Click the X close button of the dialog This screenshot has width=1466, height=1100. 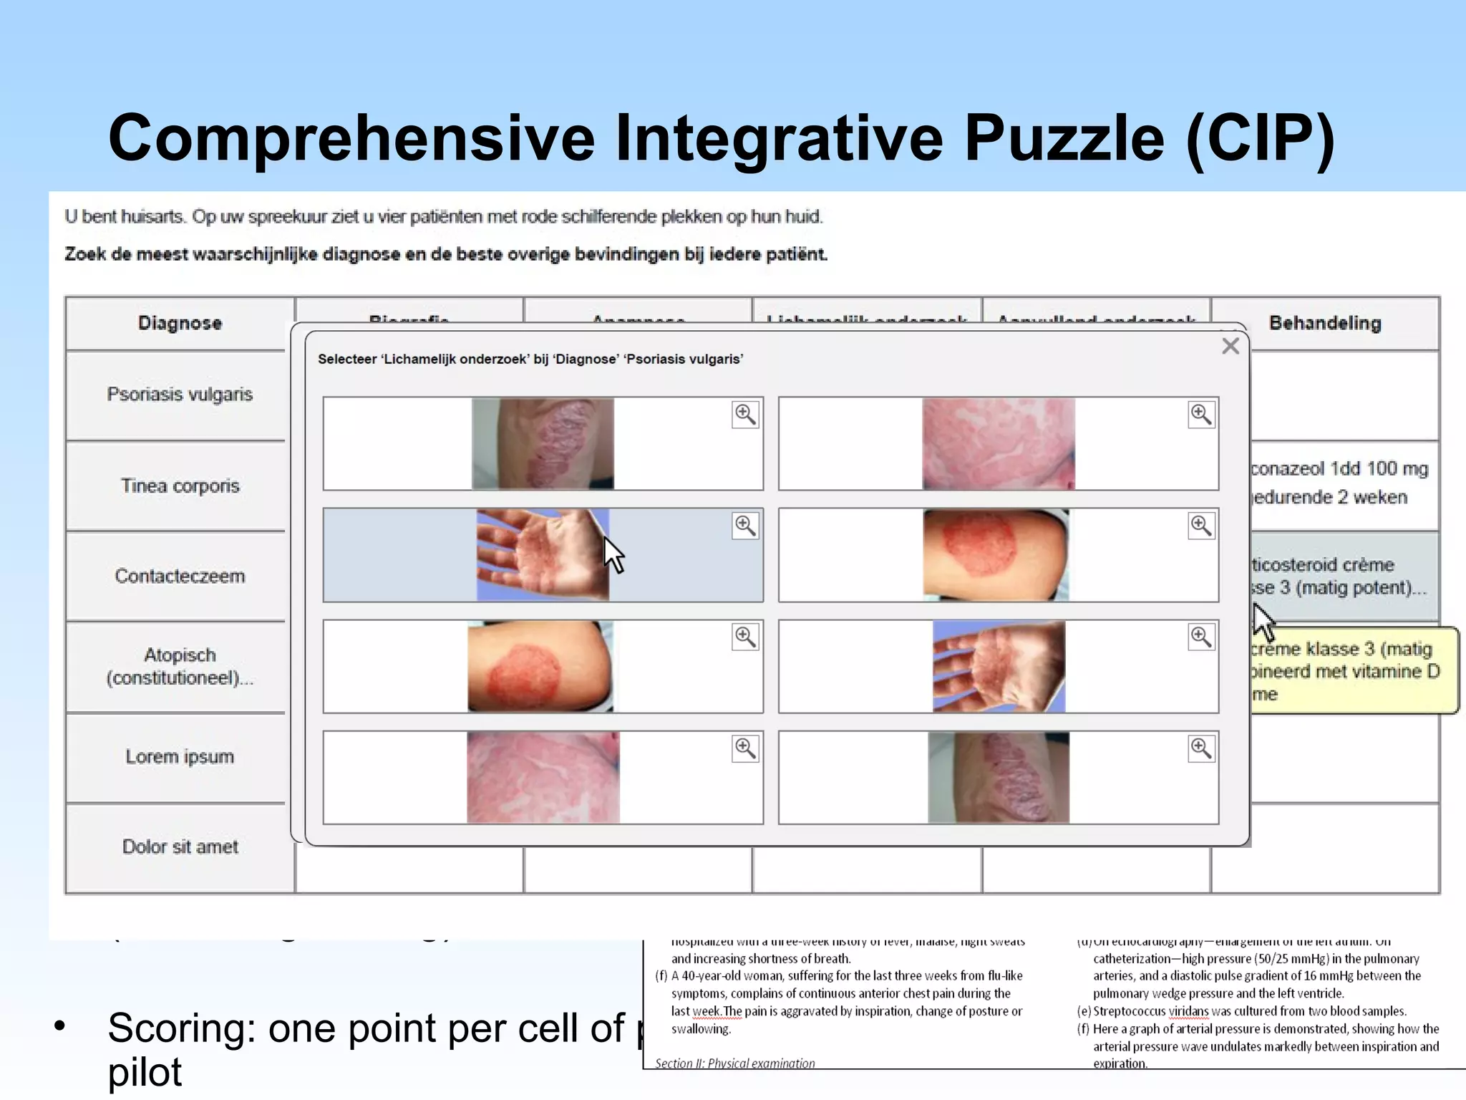[1230, 347]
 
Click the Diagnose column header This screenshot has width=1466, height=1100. [180, 323]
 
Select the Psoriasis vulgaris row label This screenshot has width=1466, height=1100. [180, 395]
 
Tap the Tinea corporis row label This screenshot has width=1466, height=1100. [180, 486]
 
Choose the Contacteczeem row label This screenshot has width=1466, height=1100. [180, 576]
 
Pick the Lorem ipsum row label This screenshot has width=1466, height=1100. [180, 756]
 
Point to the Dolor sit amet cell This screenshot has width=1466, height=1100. [180, 846]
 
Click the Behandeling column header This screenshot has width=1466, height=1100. [1325, 323]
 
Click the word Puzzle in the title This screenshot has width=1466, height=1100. [1064, 137]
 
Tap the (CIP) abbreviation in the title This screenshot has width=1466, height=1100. [1261, 137]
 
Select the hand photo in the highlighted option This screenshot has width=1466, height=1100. [543, 554]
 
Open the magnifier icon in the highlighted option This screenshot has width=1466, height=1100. [745, 526]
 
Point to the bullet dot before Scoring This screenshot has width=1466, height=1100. [60, 1026]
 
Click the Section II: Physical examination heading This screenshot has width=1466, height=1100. [734, 1063]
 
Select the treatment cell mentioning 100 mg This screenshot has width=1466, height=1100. [1340, 483]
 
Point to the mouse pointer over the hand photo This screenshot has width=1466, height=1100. [613, 554]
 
